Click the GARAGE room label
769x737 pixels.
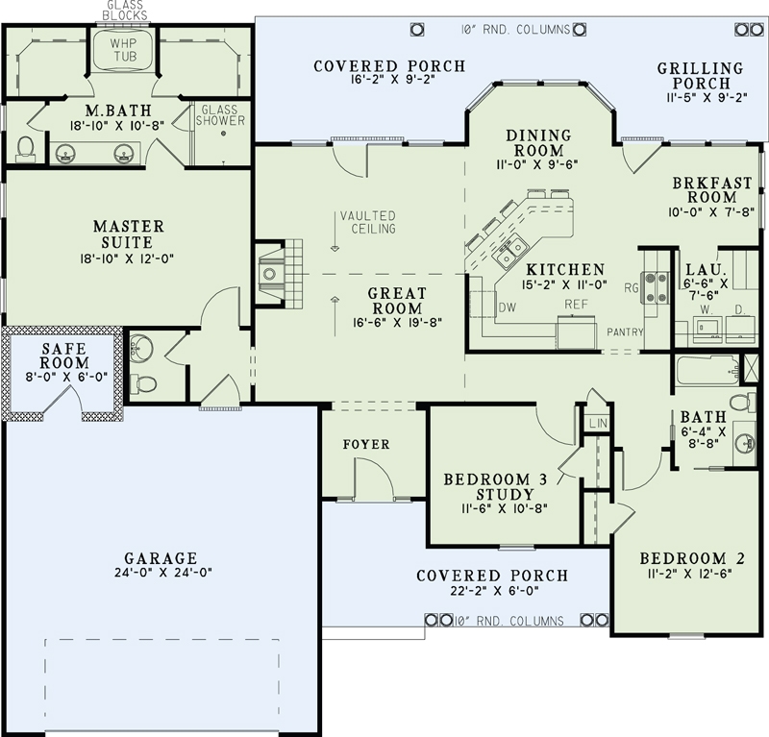coord(161,557)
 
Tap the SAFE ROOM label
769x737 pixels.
coord(64,356)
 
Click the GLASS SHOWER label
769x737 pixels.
coord(221,115)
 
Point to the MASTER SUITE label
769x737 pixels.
coord(128,233)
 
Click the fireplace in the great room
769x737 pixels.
coord(270,274)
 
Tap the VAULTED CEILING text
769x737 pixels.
coord(366,222)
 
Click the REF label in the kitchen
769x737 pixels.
coord(576,303)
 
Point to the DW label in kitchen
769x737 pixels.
coord(507,307)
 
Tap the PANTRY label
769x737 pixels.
coord(625,332)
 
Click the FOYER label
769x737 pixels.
coord(366,444)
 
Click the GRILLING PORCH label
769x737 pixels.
coord(701,76)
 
